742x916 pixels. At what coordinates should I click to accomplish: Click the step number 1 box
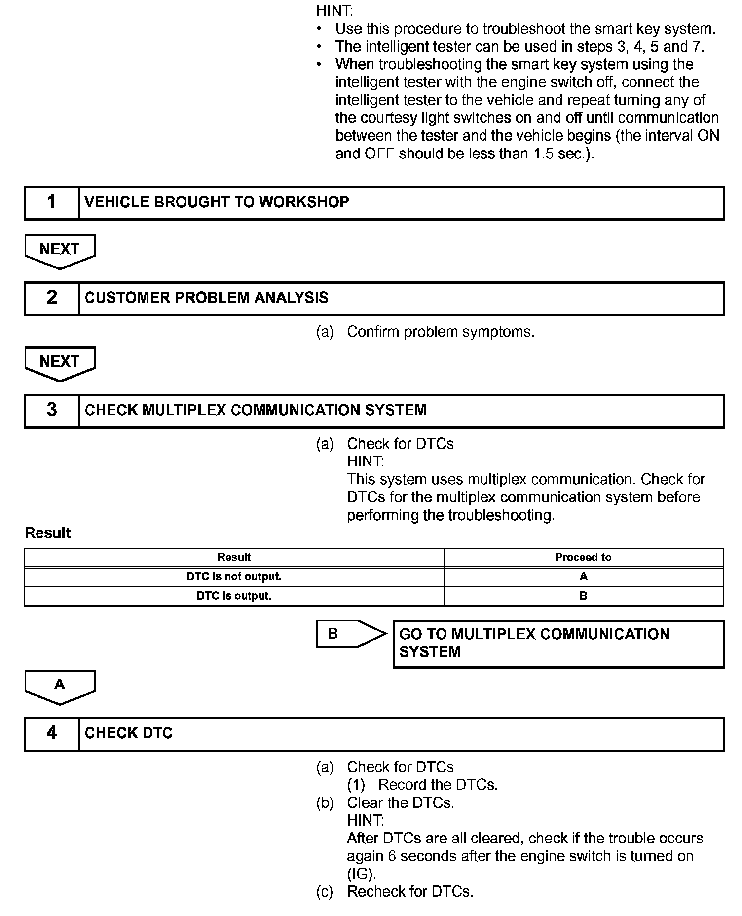[52, 202]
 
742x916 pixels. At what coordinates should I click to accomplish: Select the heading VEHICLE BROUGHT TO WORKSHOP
[217, 202]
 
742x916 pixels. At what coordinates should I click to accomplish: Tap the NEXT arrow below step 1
[60, 251]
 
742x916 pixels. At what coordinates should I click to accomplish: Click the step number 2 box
[52, 298]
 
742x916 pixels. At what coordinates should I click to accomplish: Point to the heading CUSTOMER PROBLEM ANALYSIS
[206, 298]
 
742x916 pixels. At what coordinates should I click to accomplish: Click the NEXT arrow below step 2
[60, 363]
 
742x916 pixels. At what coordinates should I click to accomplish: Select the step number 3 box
[52, 411]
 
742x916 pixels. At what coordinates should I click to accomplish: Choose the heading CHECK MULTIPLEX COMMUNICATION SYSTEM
[255, 410]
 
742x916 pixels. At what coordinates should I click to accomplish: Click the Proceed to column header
[583, 557]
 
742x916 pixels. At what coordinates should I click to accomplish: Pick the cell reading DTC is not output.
[234, 576]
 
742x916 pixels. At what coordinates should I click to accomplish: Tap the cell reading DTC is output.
[234, 596]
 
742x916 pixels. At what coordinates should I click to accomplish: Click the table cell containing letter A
[583, 576]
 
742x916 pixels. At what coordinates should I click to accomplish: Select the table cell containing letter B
[583, 596]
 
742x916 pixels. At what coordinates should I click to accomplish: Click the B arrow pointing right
[350, 634]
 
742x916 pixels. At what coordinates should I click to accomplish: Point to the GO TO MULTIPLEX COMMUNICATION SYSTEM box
[558, 644]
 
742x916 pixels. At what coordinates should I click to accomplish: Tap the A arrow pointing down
[60, 687]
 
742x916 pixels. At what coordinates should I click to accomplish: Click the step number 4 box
[52, 734]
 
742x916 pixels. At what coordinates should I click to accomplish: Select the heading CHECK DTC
[129, 733]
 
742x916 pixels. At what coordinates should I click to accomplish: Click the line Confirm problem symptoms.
[440, 332]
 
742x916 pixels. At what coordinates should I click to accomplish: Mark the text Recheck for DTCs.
[409, 892]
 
